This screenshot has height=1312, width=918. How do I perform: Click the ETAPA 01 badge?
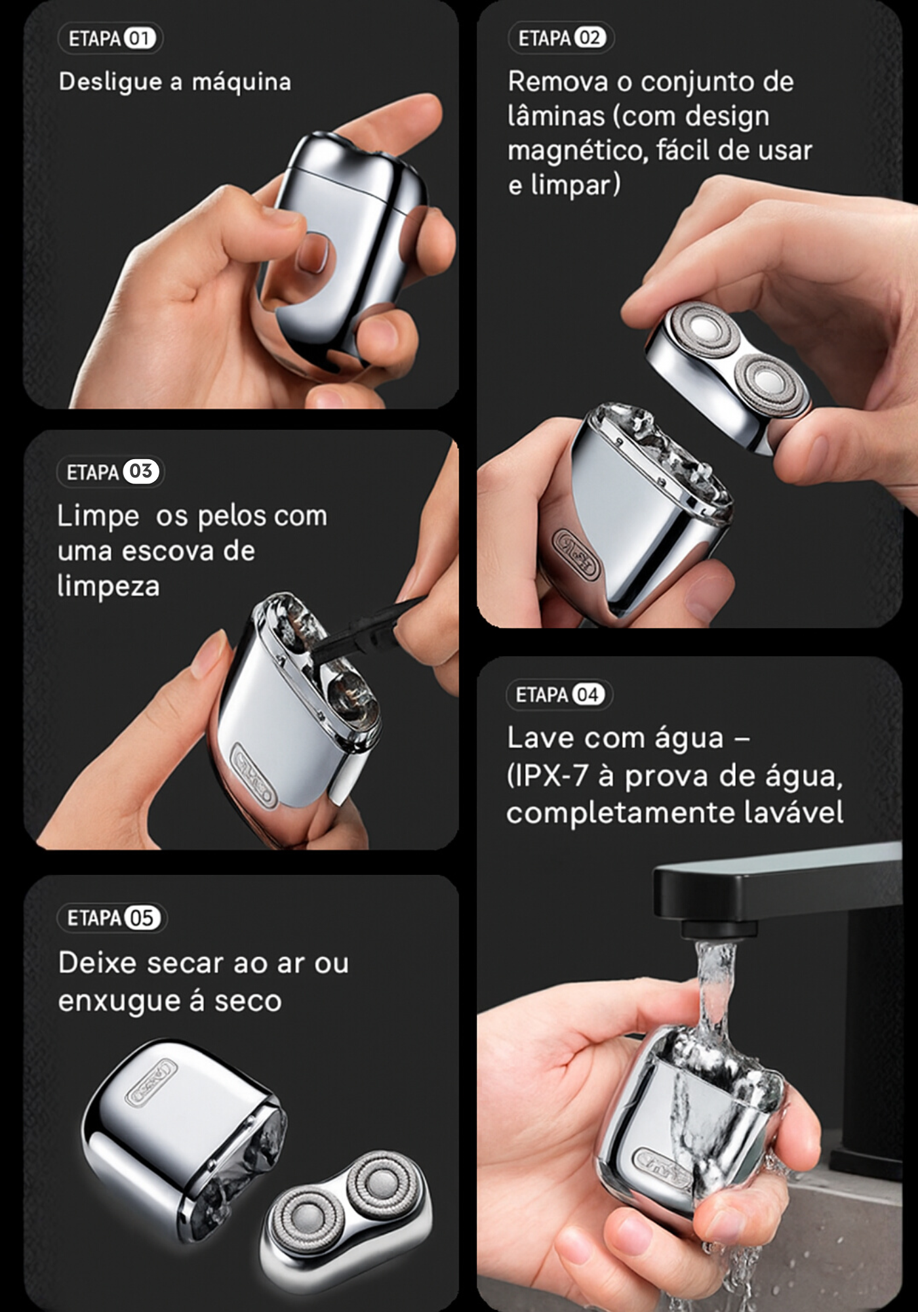click(110, 38)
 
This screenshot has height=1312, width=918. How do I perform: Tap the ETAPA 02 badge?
click(561, 38)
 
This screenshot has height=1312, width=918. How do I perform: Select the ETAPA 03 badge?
click(110, 472)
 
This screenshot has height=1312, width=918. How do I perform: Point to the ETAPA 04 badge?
click(559, 695)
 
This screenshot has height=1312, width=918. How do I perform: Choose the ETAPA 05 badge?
click(111, 918)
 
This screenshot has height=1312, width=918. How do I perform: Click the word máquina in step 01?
click(241, 83)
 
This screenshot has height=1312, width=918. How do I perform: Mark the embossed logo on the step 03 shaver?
click(254, 774)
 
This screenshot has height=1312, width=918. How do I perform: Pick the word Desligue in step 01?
click(110, 83)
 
